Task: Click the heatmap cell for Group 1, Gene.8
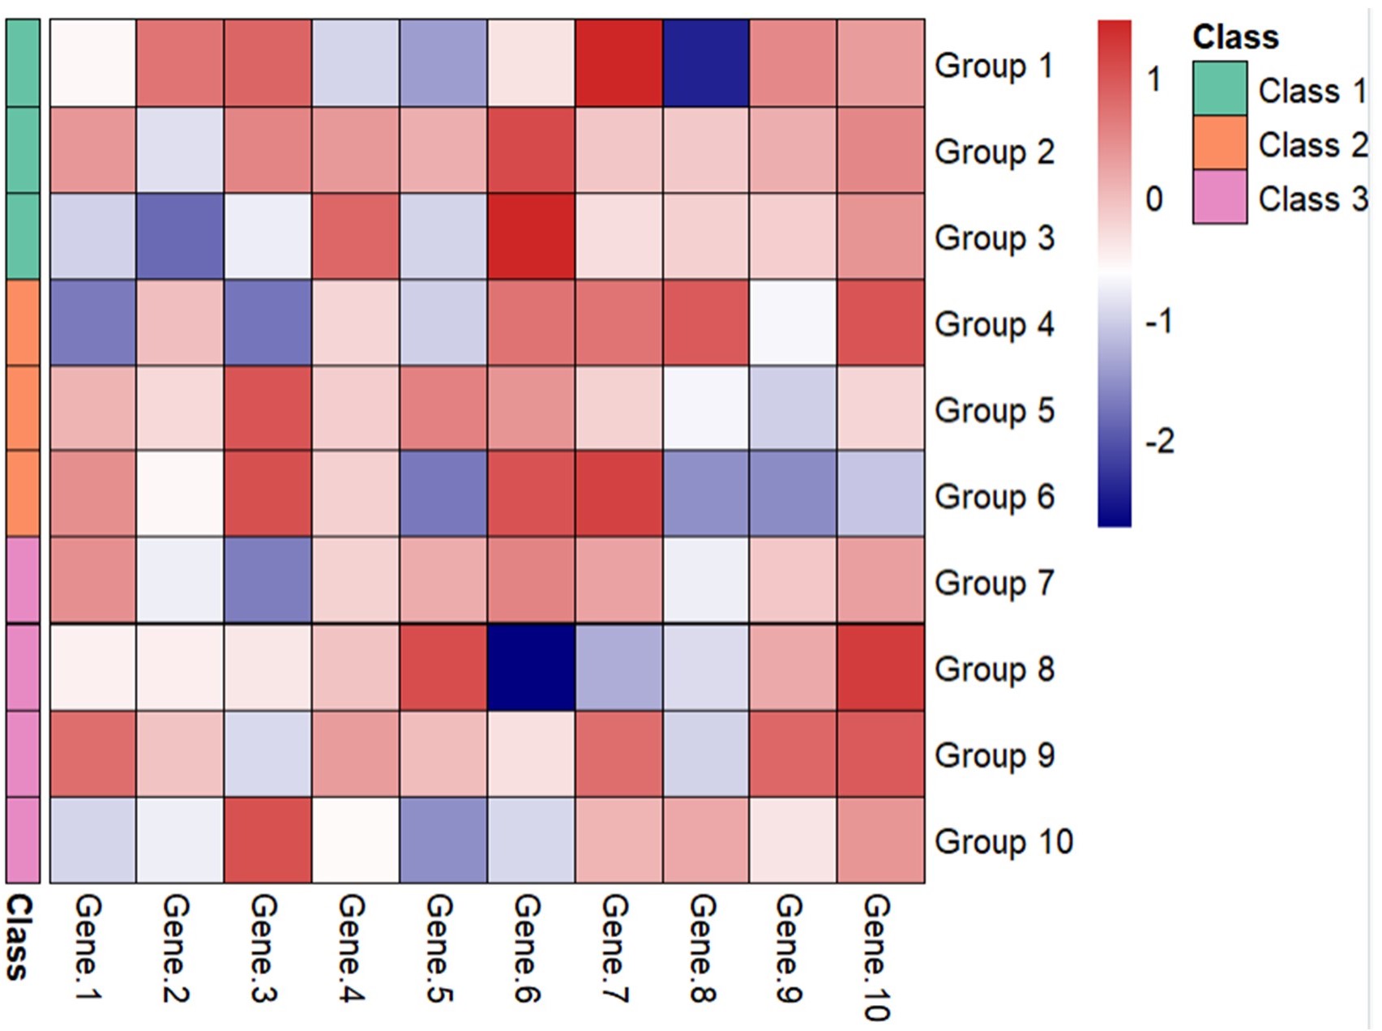click(705, 63)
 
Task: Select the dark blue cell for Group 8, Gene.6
click(531, 667)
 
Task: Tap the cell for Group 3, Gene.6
click(531, 236)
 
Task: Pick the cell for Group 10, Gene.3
click(267, 840)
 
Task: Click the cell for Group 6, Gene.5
click(443, 494)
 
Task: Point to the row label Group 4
click(994, 324)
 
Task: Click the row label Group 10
click(1003, 841)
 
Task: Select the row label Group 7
click(994, 583)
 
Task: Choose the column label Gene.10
click(877, 956)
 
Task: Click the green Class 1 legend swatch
click(1219, 88)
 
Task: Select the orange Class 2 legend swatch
click(1219, 143)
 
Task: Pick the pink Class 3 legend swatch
click(1219, 197)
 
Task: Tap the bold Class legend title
click(1234, 37)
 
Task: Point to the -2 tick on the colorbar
click(1159, 442)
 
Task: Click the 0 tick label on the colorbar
click(1154, 199)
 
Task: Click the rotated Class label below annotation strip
click(18, 937)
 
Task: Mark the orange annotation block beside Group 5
click(23, 409)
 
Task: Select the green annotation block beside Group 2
click(23, 150)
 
